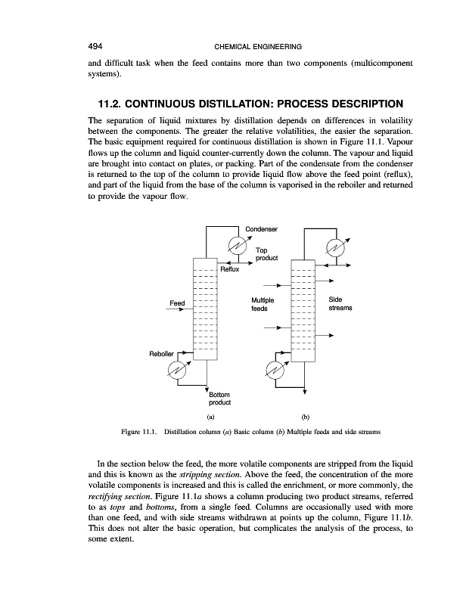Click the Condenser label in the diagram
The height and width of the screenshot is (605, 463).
pyautogui.click(x=263, y=228)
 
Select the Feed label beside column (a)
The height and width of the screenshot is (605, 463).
pyautogui.click(x=177, y=303)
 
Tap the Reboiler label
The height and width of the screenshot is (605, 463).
pyautogui.click(x=161, y=352)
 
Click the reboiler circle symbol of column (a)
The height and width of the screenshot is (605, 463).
pyautogui.click(x=179, y=369)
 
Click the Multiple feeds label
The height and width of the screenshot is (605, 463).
pyautogui.click(x=261, y=304)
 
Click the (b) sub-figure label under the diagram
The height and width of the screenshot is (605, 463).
pyautogui.click(x=306, y=417)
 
